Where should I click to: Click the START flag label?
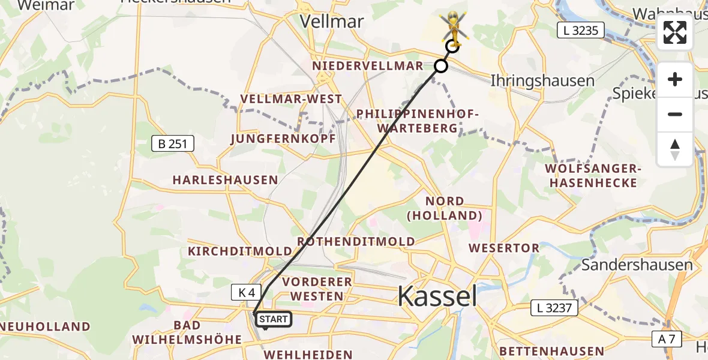point(274,319)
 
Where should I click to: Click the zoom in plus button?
point(675,79)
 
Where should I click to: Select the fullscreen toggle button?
point(675,32)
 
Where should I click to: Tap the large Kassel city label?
point(437,296)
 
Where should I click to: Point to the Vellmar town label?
point(331,22)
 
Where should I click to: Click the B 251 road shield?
point(172,143)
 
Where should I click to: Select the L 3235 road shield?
point(581,30)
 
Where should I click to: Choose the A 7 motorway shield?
point(667,339)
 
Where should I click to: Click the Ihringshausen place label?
point(542,80)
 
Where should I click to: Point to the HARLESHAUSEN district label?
point(225,179)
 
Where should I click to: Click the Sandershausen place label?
point(637,265)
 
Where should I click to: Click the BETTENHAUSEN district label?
point(551,351)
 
